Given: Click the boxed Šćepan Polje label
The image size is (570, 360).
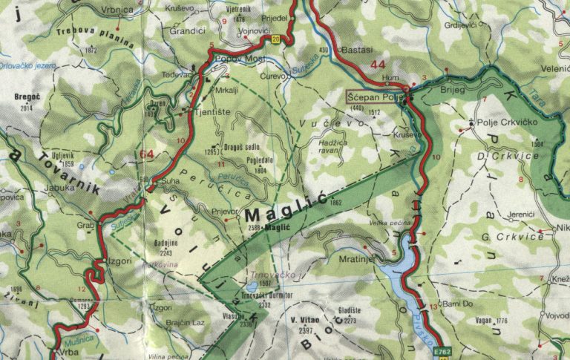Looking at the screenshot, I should click(376, 97).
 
